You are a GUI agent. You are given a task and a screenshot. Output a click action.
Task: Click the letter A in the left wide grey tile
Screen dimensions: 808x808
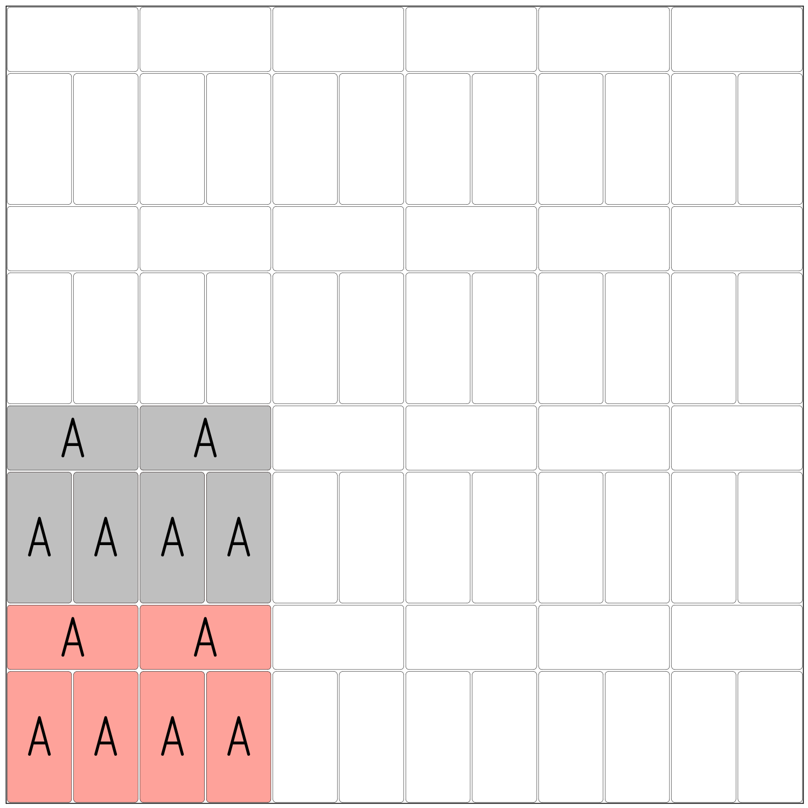tap(73, 437)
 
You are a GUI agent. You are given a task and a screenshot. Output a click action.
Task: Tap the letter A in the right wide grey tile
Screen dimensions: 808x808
tap(205, 437)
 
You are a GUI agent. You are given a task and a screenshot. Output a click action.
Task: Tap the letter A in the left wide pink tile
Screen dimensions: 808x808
tap(73, 637)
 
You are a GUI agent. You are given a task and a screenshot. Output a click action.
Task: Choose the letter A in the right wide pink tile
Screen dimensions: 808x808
tap(205, 637)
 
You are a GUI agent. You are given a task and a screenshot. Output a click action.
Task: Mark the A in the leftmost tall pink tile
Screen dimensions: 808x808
tap(39, 736)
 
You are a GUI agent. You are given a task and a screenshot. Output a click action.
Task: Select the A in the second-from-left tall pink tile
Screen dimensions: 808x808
tap(106, 736)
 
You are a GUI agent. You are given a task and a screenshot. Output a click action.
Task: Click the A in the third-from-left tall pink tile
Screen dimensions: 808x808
tap(172, 736)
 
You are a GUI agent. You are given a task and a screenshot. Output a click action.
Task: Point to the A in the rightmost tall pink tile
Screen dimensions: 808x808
tap(239, 736)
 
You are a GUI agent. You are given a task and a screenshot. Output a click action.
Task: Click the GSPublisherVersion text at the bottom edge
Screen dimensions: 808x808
tap(41, 806)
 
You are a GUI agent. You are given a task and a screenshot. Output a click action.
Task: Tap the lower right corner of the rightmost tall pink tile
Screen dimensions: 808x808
tap(270, 801)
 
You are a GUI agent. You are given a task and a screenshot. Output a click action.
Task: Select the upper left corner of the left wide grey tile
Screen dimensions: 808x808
tap(8, 407)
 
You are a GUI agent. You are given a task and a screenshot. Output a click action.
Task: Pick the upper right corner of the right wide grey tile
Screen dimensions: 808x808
tap(270, 407)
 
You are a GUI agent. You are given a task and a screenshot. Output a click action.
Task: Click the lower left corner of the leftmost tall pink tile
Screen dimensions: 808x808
tap(8, 801)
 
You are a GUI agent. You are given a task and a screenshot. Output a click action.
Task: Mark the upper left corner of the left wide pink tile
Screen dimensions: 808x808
tap(8, 607)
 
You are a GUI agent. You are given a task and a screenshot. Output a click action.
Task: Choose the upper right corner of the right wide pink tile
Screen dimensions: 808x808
tap(270, 607)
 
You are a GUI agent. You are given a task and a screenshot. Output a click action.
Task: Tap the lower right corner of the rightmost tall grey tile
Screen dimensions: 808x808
tap(270, 602)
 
